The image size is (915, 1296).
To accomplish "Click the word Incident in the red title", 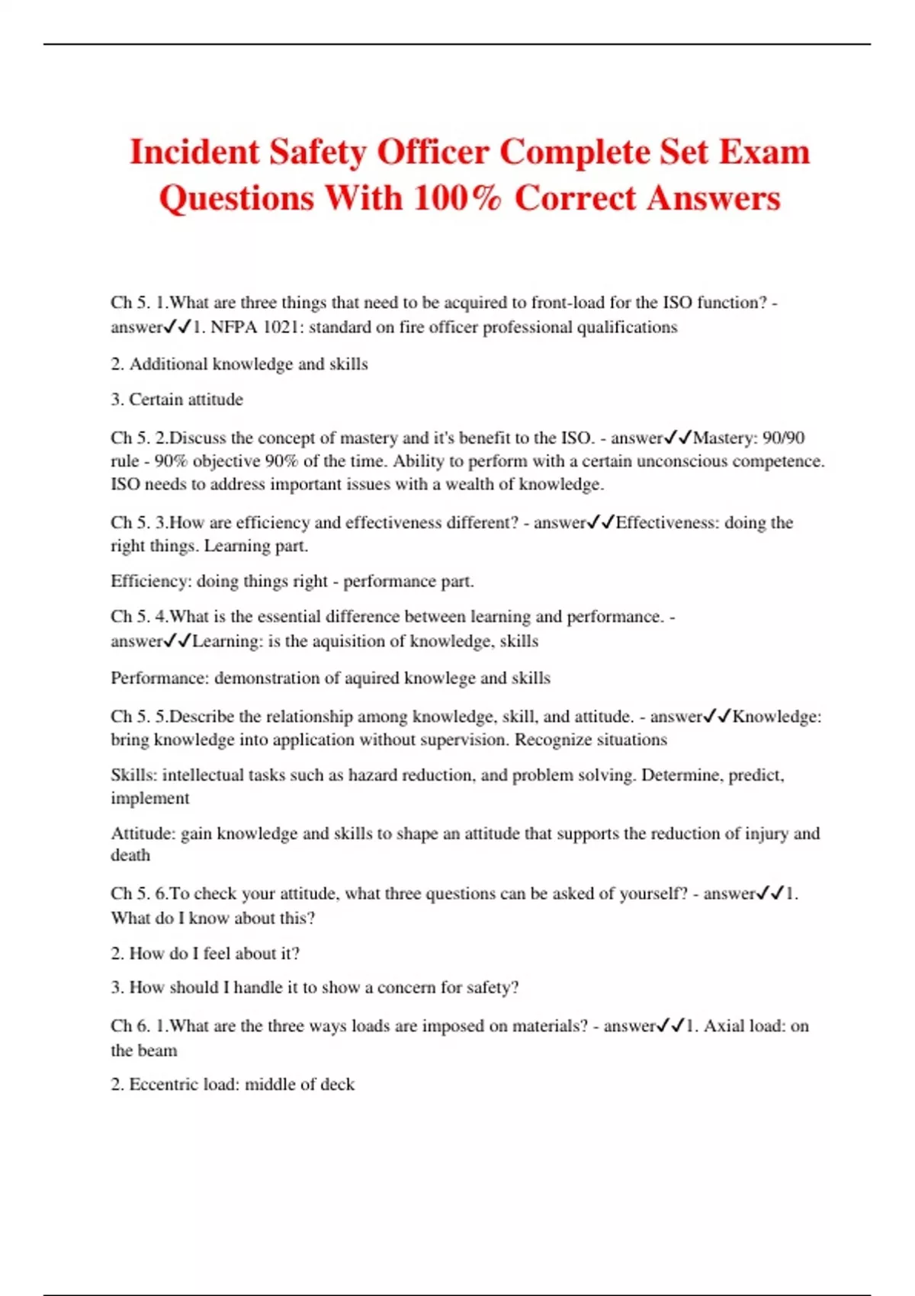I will tap(194, 152).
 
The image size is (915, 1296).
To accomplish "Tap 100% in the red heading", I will tap(457, 198).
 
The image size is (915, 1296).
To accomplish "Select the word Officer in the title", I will tap(432, 152).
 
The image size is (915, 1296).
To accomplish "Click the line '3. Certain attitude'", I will tap(177, 399).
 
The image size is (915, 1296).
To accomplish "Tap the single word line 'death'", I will tap(130, 855).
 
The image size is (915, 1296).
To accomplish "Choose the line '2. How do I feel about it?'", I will tap(205, 953).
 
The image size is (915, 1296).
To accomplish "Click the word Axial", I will tap(725, 1026).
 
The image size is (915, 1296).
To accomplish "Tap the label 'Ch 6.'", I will tap(130, 1026).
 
